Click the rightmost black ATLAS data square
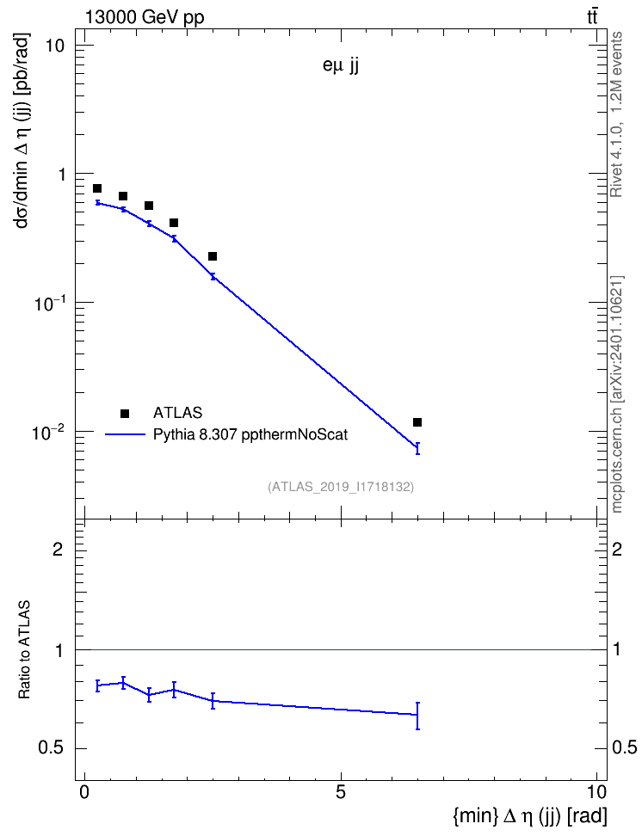[x=417, y=422]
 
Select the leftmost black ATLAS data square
[x=97, y=188]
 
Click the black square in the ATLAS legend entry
[x=125, y=413]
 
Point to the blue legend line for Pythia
[x=126, y=434]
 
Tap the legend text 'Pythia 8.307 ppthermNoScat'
[x=250, y=435]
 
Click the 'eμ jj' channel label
[x=341, y=67]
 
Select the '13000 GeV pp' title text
[x=145, y=18]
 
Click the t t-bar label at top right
[x=592, y=17]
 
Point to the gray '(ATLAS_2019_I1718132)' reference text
[x=341, y=487]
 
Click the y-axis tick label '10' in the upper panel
[x=54, y=46]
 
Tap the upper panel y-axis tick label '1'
[x=59, y=175]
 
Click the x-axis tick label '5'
[x=341, y=792]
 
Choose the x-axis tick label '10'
[x=596, y=792]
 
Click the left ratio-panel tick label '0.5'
[x=51, y=748]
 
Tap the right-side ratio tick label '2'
[x=617, y=549]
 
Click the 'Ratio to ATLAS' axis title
[x=24, y=650]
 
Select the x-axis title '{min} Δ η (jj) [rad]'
[x=530, y=815]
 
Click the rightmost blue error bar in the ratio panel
[x=417, y=716]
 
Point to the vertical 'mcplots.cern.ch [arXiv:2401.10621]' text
[x=617, y=394]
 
